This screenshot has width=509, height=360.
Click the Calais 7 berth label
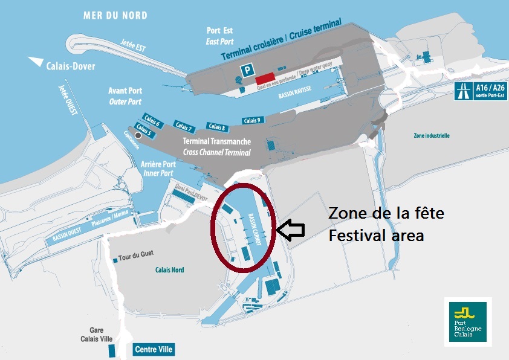pos(184,126)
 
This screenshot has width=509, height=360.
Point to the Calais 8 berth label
pos(216,126)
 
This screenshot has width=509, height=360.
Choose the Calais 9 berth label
pos(252,120)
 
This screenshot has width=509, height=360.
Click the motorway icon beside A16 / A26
pos(464,91)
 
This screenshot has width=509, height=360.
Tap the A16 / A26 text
pos(490,88)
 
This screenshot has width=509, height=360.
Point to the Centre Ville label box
pos(154,349)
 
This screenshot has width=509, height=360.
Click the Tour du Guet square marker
pos(115,260)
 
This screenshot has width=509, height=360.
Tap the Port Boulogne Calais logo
pos(467,321)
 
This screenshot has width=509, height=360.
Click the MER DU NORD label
pos(115,15)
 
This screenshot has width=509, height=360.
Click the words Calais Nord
pos(169,270)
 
